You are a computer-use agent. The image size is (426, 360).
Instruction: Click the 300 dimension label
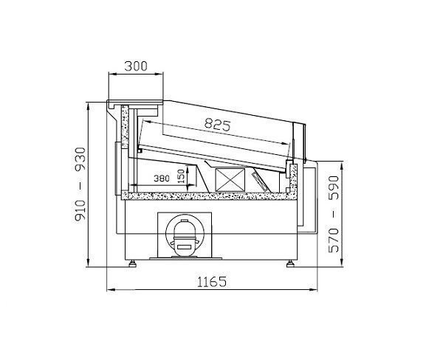136,66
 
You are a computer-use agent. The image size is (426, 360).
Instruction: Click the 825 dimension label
217,125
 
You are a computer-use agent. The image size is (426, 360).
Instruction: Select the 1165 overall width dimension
211,282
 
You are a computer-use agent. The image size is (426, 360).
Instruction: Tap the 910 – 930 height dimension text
80,185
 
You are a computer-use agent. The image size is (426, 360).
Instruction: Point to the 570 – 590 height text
334,214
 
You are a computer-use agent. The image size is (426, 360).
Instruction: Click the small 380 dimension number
162,179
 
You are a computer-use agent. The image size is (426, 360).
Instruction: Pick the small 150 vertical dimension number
182,176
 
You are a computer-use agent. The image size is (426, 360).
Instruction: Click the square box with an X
230,180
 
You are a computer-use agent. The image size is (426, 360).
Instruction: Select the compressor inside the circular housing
185,236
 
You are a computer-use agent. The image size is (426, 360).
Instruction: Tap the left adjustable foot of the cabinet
133,263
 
